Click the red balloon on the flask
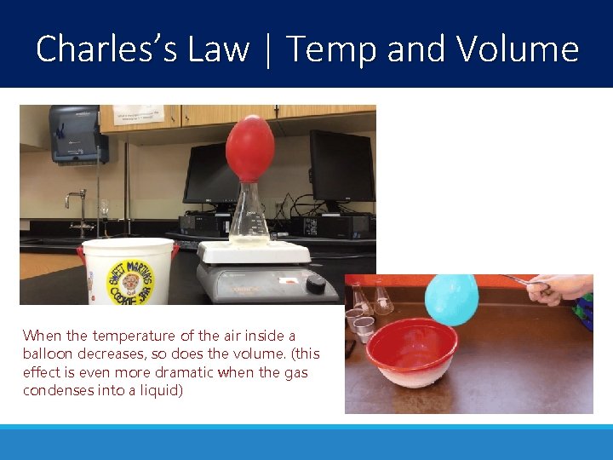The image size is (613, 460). [x=249, y=149]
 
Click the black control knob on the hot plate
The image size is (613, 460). [x=316, y=285]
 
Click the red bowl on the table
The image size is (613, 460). [x=412, y=350]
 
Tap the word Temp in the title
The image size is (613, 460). [x=331, y=50]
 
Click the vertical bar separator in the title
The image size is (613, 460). [x=268, y=49]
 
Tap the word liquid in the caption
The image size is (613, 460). [x=161, y=391]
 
